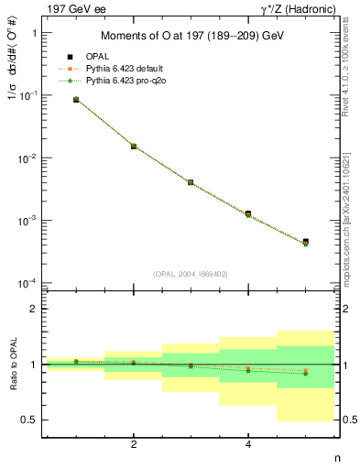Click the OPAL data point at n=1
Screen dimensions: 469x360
point(76,99)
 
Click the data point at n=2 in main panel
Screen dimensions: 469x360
point(134,146)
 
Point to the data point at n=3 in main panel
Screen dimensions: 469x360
point(191,182)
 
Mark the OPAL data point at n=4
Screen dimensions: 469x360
point(248,213)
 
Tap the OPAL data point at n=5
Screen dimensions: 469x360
point(305,242)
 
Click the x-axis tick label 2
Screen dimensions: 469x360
point(134,445)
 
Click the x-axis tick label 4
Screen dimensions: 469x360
point(248,445)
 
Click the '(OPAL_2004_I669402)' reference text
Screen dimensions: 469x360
point(191,273)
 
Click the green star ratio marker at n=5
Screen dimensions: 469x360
point(305,373)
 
